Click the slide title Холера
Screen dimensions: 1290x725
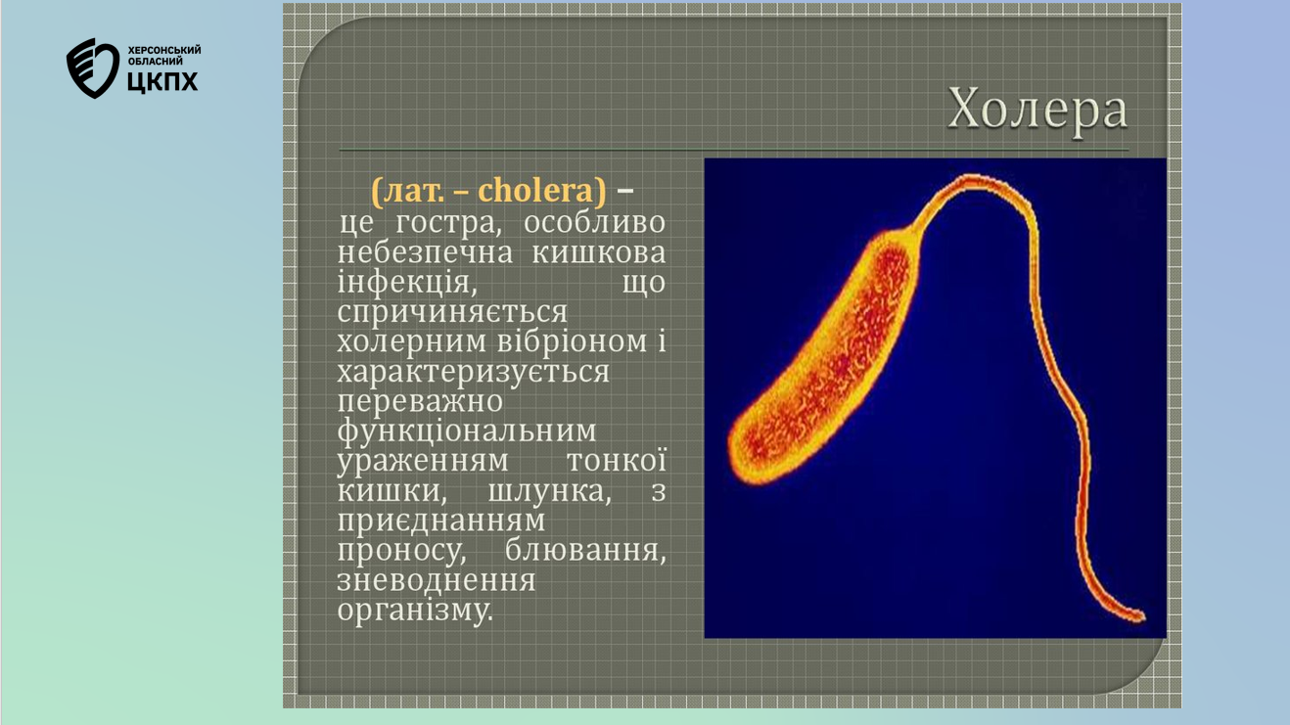(x=1037, y=110)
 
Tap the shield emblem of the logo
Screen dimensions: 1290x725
(x=93, y=68)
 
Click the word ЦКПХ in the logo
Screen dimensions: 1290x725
(x=162, y=82)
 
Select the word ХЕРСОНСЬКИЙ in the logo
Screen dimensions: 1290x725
(x=164, y=50)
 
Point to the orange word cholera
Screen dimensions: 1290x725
(x=535, y=190)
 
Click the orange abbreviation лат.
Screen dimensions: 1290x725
(x=414, y=191)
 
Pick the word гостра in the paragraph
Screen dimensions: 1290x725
(x=445, y=223)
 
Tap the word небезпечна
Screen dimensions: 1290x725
(x=425, y=252)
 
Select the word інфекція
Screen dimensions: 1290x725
(x=407, y=282)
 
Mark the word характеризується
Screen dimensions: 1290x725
(x=474, y=372)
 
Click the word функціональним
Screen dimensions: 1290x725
(x=467, y=431)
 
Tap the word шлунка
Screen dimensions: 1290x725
(x=549, y=491)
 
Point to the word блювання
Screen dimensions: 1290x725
(x=585, y=551)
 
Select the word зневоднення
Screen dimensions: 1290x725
(x=437, y=580)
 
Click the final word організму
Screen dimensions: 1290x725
(x=415, y=611)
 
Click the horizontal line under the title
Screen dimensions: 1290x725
(x=734, y=151)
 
